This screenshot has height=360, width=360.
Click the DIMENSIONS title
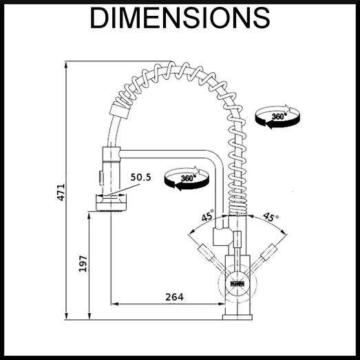(180, 18)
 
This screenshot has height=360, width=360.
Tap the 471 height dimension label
(61, 193)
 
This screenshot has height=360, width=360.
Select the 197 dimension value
(83, 264)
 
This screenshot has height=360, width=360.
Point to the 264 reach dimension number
(174, 297)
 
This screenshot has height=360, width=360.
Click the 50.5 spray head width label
(140, 177)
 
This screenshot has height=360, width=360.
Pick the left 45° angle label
(208, 215)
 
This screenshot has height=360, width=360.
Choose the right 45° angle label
(271, 217)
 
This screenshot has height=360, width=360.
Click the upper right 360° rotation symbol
(277, 116)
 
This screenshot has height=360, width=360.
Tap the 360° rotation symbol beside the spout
(187, 178)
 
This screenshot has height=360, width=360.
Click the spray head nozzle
(111, 202)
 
